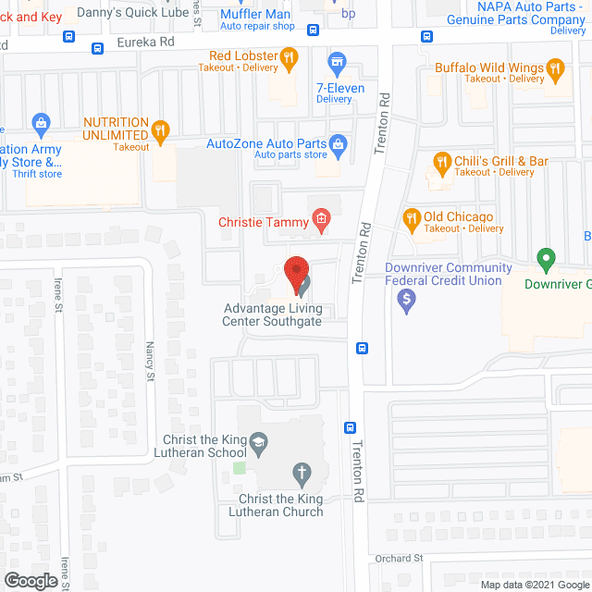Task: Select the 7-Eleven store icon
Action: tap(338, 63)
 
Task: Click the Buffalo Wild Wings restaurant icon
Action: tap(555, 68)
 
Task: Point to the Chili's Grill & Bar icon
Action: tap(441, 162)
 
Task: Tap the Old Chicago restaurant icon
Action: tap(412, 217)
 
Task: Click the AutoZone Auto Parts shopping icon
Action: tap(339, 143)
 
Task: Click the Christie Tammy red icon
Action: tap(321, 219)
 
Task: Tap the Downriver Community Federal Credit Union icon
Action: tap(404, 299)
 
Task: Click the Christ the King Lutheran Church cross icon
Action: tap(301, 475)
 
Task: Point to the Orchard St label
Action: tap(400, 558)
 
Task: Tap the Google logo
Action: tap(30, 581)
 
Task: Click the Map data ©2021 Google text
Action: tap(533, 584)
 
